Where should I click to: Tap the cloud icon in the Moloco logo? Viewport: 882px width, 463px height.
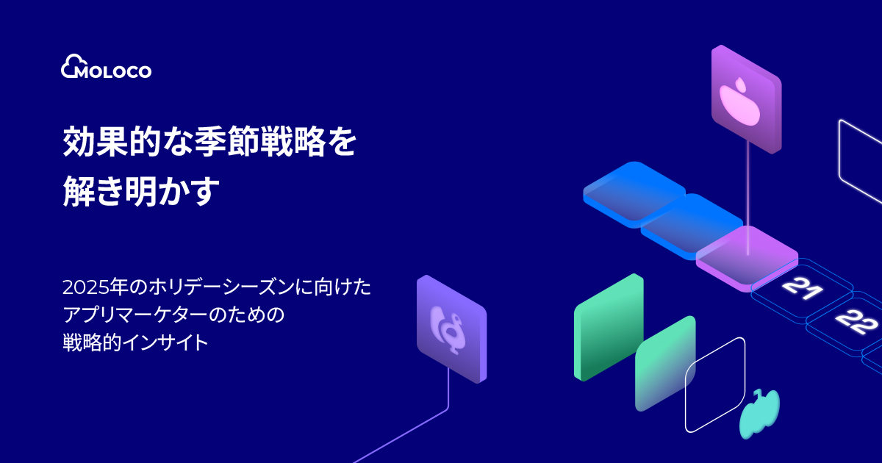(x=71, y=65)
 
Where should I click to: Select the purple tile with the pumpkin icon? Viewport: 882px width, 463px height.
(x=745, y=99)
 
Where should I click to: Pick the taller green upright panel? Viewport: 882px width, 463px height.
(x=609, y=327)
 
